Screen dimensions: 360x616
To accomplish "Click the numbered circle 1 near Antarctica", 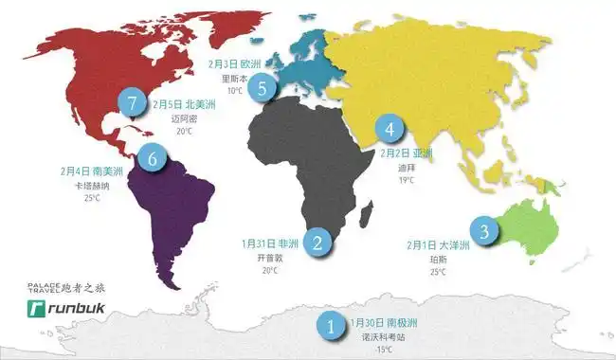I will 331,327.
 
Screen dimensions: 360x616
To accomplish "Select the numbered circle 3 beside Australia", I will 484,230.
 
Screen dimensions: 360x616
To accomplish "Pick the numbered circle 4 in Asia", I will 389,127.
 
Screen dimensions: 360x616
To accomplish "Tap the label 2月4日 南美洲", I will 93,171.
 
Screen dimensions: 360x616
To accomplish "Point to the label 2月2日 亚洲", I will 406,153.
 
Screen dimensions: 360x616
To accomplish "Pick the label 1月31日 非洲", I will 270,243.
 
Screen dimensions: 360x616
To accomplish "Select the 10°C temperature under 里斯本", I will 232,92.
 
